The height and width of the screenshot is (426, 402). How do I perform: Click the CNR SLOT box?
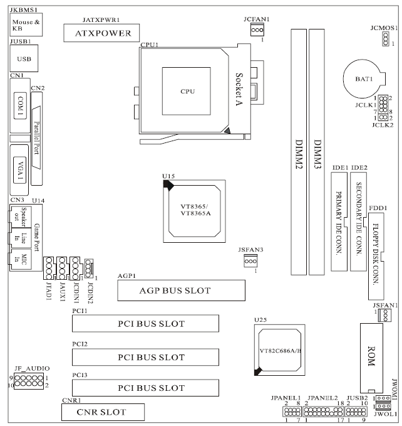pyautogui.click(x=103, y=412)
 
